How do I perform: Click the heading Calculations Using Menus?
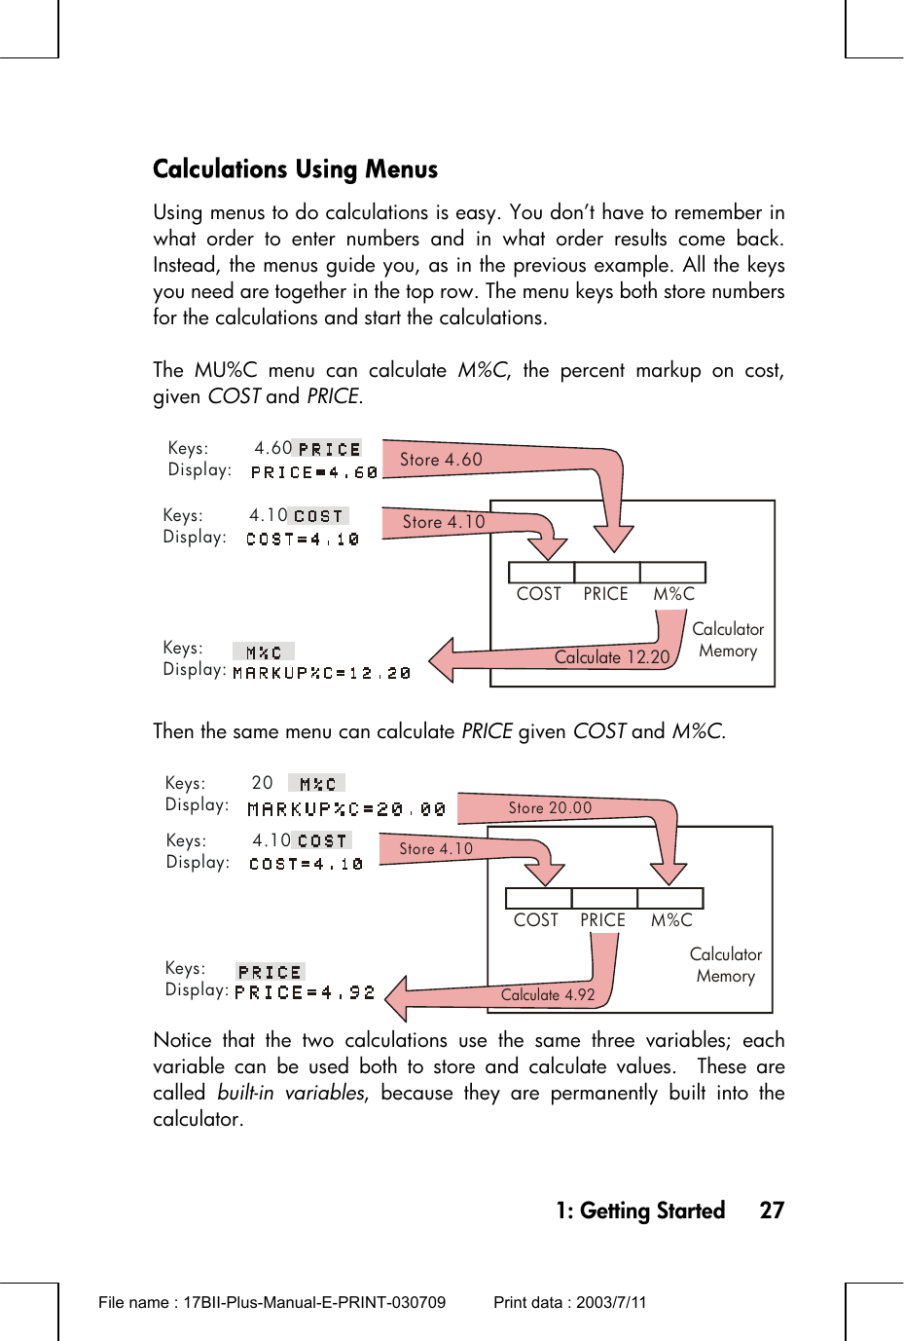(x=295, y=169)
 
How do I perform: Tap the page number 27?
(x=772, y=1211)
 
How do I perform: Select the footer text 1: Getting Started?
(x=640, y=1211)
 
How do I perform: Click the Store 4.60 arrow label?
(x=441, y=460)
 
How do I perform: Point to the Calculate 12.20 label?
(x=612, y=657)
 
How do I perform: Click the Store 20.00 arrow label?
(x=550, y=807)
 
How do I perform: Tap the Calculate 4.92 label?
(x=548, y=994)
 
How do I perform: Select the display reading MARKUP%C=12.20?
(x=322, y=673)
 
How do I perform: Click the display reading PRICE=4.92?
(x=305, y=993)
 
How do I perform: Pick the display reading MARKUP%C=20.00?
(x=346, y=809)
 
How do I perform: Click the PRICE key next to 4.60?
(x=329, y=449)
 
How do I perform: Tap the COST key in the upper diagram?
(x=319, y=516)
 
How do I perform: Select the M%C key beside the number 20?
(x=317, y=784)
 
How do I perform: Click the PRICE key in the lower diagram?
(x=270, y=972)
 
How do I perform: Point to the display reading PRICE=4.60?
(x=313, y=472)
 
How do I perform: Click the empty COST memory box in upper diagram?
(x=541, y=573)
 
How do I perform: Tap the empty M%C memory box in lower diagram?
(x=670, y=898)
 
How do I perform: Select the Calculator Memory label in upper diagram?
(x=728, y=640)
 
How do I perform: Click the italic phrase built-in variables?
(x=291, y=1093)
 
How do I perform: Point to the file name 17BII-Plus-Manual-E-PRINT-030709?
(x=314, y=1302)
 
